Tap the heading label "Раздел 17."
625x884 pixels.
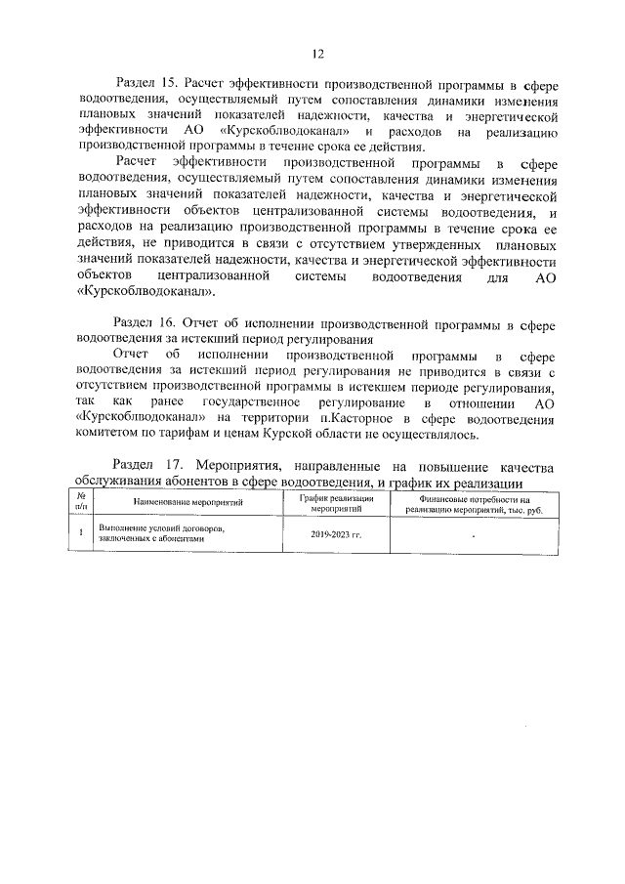pyautogui.click(x=147, y=467)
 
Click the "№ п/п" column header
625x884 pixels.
pyautogui.click(x=81, y=504)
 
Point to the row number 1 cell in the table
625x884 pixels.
pyautogui.click(x=81, y=533)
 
